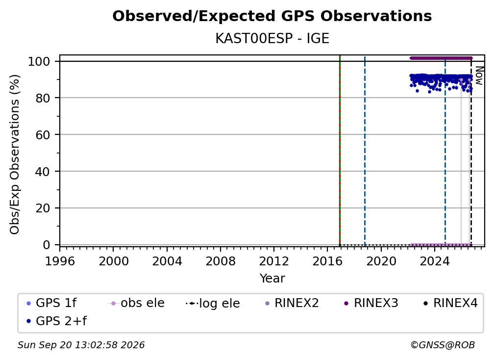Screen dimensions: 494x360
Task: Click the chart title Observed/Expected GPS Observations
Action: (272, 16)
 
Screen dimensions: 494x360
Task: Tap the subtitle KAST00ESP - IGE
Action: (272, 39)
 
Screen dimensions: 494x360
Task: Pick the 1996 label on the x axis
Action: (60, 261)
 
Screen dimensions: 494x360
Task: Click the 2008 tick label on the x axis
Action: (221, 261)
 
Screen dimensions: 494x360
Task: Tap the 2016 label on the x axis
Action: (328, 261)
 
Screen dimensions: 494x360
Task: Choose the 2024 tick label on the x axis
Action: (434, 261)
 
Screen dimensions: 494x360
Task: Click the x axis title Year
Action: (272, 279)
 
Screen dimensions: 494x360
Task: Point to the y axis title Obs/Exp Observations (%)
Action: (15, 154)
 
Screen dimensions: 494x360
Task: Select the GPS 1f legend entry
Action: (51, 303)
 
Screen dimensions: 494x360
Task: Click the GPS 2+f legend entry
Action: (56, 321)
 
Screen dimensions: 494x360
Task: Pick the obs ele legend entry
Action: (136, 303)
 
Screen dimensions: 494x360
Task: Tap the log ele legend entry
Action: (213, 303)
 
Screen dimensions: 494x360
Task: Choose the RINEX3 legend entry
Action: (371, 303)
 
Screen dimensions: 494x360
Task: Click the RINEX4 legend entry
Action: (450, 303)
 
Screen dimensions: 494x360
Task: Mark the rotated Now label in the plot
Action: (479, 76)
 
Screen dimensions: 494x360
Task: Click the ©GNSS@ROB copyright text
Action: (443, 345)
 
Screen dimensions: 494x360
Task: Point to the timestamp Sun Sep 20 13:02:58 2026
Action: (81, 345)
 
